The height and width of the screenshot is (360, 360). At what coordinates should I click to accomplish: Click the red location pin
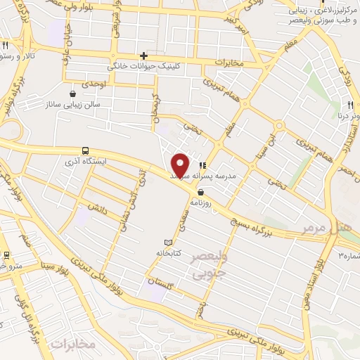[x=181, y=165]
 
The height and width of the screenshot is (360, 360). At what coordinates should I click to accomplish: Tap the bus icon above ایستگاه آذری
[x=85, y=150]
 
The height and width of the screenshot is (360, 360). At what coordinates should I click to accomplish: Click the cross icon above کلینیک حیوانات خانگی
[x=144, y=56]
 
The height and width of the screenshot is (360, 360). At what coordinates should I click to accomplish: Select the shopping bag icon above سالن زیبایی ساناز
[x=73, y=93]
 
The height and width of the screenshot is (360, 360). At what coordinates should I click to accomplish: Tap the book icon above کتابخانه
[x=167, y=242]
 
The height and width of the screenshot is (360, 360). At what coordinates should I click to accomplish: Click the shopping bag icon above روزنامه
[x=201, y=191]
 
